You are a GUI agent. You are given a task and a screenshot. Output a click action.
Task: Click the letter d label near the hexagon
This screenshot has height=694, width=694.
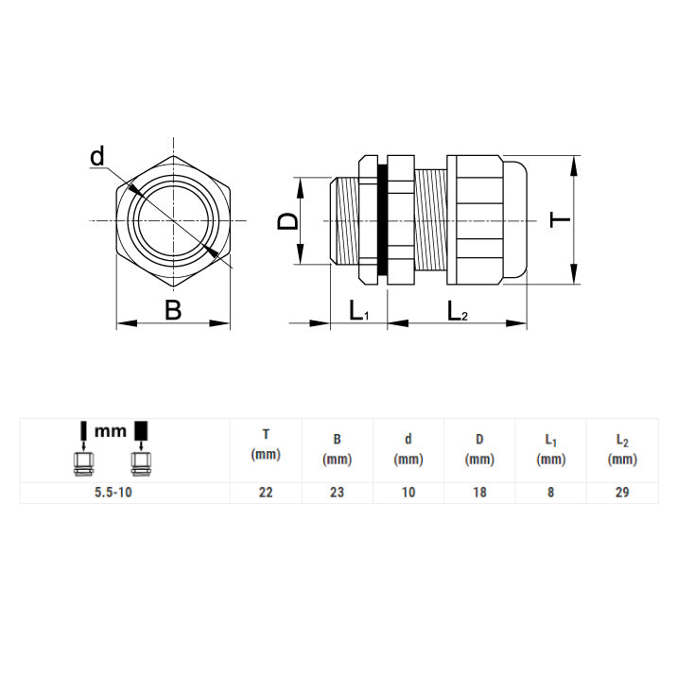[x=97, y=156]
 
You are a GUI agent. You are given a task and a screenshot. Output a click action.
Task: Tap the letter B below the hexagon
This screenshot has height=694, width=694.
[x=173, y=310]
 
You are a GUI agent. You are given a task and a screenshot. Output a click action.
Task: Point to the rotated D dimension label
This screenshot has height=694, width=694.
[x=288, y=220]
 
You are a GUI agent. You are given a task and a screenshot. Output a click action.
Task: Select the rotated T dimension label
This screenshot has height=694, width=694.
[x=560, y=219]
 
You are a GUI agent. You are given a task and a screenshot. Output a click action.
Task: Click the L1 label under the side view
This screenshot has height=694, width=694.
[x=359, y=310]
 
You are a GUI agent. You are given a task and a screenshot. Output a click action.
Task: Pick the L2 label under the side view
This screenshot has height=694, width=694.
[x=458, y=310]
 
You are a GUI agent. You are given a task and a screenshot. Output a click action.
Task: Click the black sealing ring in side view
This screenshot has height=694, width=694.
[x=382, y=219]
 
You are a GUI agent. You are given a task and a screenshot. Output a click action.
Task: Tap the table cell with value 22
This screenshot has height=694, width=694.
[x=266, y=493]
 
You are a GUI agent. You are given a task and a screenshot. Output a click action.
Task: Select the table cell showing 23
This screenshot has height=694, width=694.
[x=337, y=493]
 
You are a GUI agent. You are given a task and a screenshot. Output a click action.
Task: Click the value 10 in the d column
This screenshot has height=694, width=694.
[x=408, y=493]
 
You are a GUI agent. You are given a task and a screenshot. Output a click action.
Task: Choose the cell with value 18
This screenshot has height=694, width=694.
[x=479, y=493]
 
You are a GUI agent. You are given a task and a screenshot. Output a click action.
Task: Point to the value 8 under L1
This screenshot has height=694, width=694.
[x=550, y=493]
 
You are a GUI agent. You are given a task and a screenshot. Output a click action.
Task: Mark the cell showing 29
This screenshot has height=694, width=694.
[x=622, y=493]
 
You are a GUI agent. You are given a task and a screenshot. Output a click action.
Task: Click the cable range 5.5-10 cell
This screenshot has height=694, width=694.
[x=113, y=493]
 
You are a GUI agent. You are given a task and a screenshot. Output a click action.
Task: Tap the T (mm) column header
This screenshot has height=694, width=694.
[x=266, y=444]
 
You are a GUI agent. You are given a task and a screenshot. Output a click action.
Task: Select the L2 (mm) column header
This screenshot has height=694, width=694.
[x=622, y=450]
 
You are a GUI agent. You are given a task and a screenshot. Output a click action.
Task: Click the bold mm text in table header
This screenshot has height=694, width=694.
[x=111, y=430]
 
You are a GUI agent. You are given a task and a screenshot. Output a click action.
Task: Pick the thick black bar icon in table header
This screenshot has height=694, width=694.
[x=141, y=430]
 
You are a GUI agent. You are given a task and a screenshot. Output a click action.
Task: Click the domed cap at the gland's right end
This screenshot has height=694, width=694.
[x=515, y=219]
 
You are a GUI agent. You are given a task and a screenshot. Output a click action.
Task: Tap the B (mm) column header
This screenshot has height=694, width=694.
[x=337, y=450]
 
